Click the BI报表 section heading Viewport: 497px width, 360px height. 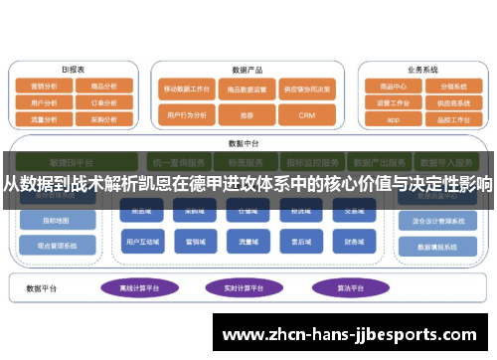(74, 70)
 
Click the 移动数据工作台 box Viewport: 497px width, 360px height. (188, 89)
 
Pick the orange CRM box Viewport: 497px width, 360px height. (306, 115)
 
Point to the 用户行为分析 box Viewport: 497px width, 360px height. (188, 115)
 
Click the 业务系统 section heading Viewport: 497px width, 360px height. (422, 70)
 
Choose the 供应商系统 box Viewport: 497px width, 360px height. (453, 102)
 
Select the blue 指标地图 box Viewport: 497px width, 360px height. (45, 219)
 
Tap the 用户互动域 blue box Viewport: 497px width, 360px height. (138, 241)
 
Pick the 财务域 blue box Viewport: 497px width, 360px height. (355, 241)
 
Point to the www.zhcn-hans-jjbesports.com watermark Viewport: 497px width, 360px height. (354, 335)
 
